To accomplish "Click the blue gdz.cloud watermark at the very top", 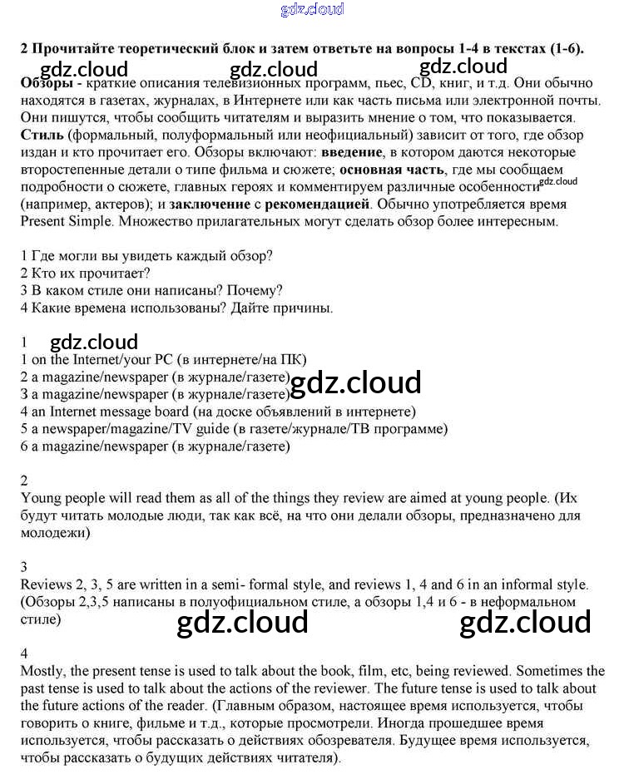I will [312, 10].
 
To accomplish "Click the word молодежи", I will [55, 533].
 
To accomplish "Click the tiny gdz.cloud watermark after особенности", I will [557, 181].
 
